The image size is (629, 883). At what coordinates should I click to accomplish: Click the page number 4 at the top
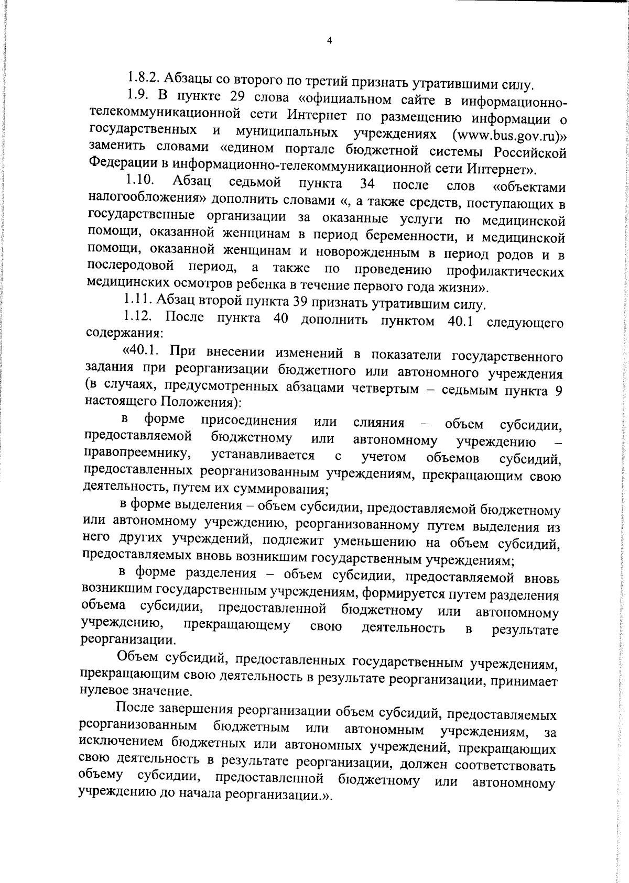[329, 41]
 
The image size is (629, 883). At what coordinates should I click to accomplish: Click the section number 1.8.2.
[144, 78]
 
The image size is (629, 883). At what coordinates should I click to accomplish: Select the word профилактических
[505, 271]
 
